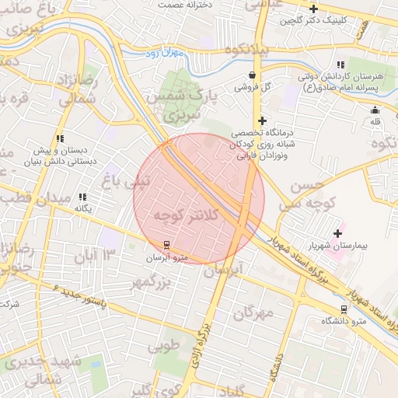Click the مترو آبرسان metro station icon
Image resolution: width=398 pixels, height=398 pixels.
pyautogui.click(x=165, y=246)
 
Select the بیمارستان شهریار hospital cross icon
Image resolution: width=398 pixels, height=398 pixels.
pyautogui.click(x=337, y=232)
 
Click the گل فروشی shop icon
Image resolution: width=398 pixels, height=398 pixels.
pyautogui.click(x=252, y=75)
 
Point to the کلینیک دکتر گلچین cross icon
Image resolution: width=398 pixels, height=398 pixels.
pyautogui.click(x=313, y=9)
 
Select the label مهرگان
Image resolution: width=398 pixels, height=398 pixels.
pyautogui.click(x=253, y=312)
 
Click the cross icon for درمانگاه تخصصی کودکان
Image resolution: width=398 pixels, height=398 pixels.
pyautogui.click(x=263, y=120)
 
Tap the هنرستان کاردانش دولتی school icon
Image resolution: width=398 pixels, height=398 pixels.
pyautogui.click(x=340, y=65)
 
